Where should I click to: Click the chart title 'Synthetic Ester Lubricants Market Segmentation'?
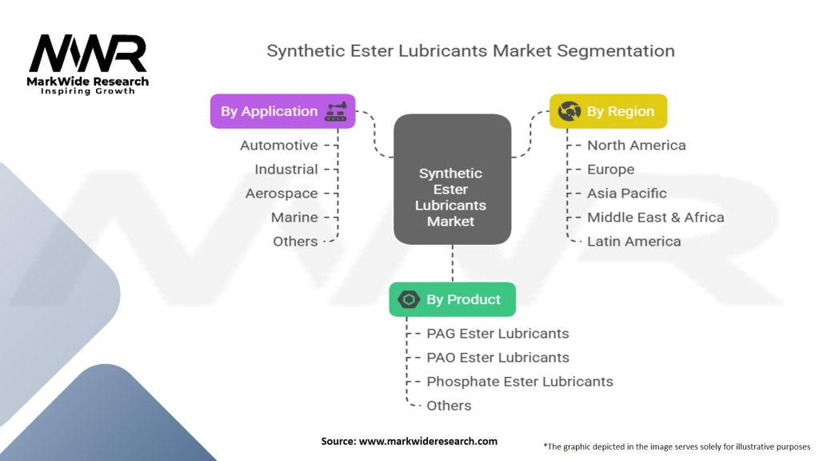(470, 50)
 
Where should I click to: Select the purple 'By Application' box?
(282, 111)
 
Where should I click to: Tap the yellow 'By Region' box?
(608, 111)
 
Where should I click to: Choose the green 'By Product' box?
(452, 299)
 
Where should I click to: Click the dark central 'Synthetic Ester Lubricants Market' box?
(452, 178)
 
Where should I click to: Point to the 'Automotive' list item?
(279, 146)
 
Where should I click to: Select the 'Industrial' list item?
(286, 170)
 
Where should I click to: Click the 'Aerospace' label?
(282, 194)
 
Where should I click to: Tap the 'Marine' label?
(294, 218)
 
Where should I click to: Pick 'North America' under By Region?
(636, 146)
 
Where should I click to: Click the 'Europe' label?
(610, 170)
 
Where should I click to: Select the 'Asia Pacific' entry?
(626, 194)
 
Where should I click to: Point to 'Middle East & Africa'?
(655, 218)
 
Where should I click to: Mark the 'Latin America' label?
(633, 242)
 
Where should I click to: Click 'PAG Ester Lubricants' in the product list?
(497, 334)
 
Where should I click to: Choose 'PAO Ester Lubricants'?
(497, 358)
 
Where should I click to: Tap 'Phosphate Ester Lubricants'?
(520, 382)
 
